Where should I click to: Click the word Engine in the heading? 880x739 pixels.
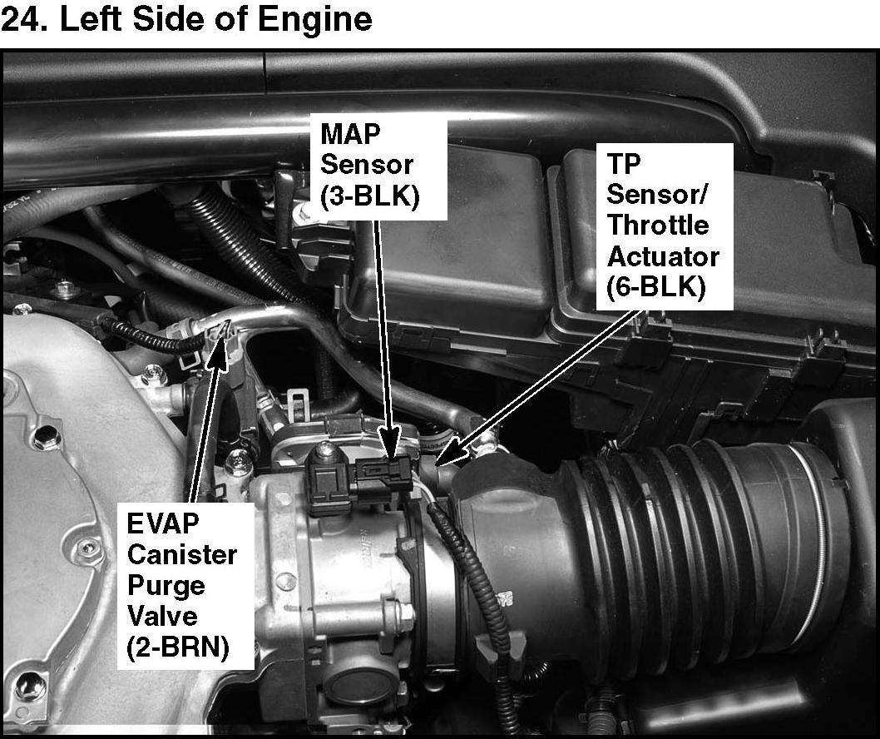pos(315,21)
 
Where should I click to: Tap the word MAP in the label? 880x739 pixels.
pos(350,134)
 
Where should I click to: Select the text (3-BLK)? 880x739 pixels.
pos(370,196)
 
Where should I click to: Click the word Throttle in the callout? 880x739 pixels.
pos(658,226)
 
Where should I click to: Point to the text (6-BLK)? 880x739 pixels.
pos(655,287)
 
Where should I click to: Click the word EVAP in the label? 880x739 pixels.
pos(163,523)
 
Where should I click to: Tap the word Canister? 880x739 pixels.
pos(182,554)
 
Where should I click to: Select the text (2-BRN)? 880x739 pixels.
pos(179,647)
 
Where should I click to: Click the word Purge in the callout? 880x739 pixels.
pos(166,587)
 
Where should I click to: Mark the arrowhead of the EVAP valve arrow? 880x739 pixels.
pos(220,343)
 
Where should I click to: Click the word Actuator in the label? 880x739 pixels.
pos(663,256)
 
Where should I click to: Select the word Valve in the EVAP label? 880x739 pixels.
pos(162,616)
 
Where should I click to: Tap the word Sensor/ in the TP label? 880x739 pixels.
pos(657,194)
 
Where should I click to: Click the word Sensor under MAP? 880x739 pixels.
pos(367,165)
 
